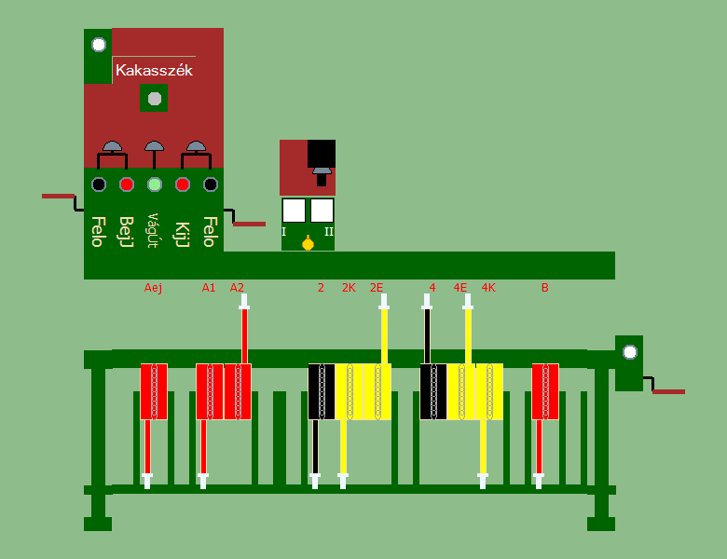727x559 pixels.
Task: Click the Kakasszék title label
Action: (x=154, y=70)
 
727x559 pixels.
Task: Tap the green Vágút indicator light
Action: (x=155, y=184)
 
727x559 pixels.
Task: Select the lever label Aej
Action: (x=154, y=288)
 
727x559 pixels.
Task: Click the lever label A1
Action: (x=209, y=288)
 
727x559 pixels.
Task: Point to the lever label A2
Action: (x=237, y=288)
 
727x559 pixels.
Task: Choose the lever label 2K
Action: (x=349, y=288)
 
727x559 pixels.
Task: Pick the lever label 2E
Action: (x=377, y=288)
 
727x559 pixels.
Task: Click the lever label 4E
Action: (x=460, y=288)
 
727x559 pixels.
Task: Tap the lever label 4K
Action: (x=488, y=288)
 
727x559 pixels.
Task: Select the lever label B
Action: (x=544, y=288)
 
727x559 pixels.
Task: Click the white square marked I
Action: (x=294, y=210)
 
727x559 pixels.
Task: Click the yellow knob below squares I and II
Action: (x=308, y=244)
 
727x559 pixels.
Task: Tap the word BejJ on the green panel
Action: (x=127, y=231)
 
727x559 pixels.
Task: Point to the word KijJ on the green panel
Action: (x=183, y=231)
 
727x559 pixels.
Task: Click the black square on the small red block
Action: (x=322, y=153)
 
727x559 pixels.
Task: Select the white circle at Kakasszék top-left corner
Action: (x=98, y=44)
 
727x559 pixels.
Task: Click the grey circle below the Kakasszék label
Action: (x=155, y=98)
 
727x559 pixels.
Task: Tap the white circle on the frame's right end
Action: (x=629, y=352)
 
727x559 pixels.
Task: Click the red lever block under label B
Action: (x=545, y=391)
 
